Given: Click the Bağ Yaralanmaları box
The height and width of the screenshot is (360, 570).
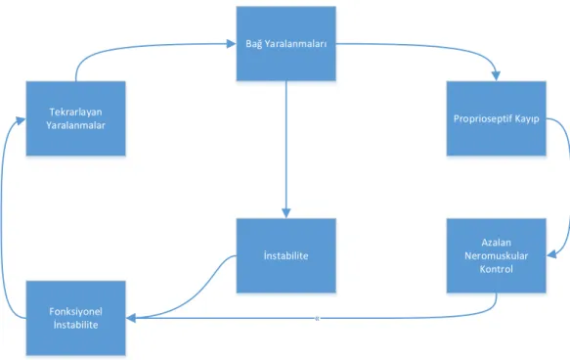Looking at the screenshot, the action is tap(286, 44).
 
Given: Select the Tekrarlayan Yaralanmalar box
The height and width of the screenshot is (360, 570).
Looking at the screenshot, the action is tap(76, 118).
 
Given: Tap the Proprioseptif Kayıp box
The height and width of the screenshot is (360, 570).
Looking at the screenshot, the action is tap(497, 118).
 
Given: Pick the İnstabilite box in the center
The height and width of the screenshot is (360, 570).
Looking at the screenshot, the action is tap(286, 255).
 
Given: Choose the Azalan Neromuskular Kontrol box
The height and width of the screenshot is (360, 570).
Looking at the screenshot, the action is tap(497, 255).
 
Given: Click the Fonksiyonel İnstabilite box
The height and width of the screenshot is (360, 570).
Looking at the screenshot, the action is tap(76, 318).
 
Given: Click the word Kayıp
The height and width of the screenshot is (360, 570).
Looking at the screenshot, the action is tap(525, 119).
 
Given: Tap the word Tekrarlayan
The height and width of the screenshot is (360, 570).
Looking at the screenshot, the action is tap(75, 112).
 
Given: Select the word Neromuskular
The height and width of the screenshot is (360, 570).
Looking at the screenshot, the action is tap(497, 255).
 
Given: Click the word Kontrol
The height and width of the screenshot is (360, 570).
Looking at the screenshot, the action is tap(497, 269).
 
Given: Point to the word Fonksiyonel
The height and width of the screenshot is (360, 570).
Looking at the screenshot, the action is tap(75, 312).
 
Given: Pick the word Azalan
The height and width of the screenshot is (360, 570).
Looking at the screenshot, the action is tap(497, 243).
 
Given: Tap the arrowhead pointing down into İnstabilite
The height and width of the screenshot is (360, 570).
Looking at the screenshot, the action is tap(286, 213).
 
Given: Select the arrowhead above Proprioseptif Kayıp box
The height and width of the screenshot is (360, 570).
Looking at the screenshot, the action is tap(496, 76).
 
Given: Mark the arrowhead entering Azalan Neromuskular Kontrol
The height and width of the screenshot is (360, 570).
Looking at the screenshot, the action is tap(551, 253).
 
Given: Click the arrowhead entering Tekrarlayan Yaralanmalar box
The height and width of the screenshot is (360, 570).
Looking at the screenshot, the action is tap(21, 120).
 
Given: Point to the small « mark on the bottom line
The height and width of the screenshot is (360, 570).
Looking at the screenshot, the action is tap(318, 319).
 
